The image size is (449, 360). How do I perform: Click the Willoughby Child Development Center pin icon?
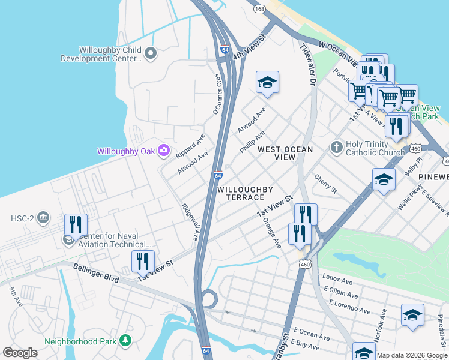point(151,54)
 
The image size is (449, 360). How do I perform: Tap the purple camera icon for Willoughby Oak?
point(163,151)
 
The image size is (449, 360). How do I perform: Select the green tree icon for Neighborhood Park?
point(125,341)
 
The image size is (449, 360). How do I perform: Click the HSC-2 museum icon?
point(43,217)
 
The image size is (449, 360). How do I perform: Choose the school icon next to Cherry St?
point(384,179)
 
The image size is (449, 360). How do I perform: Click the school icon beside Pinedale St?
point(412,316)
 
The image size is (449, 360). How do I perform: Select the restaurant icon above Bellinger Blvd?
point(143,261)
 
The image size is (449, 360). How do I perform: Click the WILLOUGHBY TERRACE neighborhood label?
point(241,193)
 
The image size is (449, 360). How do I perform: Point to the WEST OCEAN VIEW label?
point(277,153)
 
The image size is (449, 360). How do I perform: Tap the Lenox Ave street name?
point(337,280)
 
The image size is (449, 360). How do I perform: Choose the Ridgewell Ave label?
point(190,222)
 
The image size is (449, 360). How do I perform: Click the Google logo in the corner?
point(20,353)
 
